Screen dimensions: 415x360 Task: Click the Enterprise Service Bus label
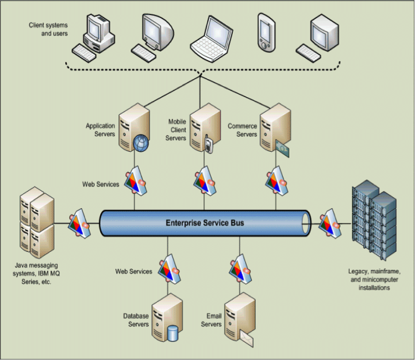205,223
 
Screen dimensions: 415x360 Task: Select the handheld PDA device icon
267,33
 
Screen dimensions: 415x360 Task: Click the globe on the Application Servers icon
141,143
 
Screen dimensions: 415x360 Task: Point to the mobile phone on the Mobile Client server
209,144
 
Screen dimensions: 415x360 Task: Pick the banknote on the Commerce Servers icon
282,149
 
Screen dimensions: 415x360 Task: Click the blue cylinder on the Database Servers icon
172,333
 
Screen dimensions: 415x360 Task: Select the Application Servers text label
100,130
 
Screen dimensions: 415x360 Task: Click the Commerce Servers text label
243,130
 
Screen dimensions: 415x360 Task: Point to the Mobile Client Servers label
176,130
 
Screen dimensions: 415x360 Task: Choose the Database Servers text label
136,320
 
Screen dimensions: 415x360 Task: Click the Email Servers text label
211,320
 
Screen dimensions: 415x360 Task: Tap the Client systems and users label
48,29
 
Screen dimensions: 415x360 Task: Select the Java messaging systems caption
36,273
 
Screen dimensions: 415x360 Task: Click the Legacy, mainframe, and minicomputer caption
374,279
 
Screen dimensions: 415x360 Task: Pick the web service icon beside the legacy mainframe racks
329,223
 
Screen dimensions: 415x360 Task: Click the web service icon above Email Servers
240,269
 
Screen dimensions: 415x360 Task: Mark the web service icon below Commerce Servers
276,181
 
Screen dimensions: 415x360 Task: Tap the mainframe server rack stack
374,220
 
